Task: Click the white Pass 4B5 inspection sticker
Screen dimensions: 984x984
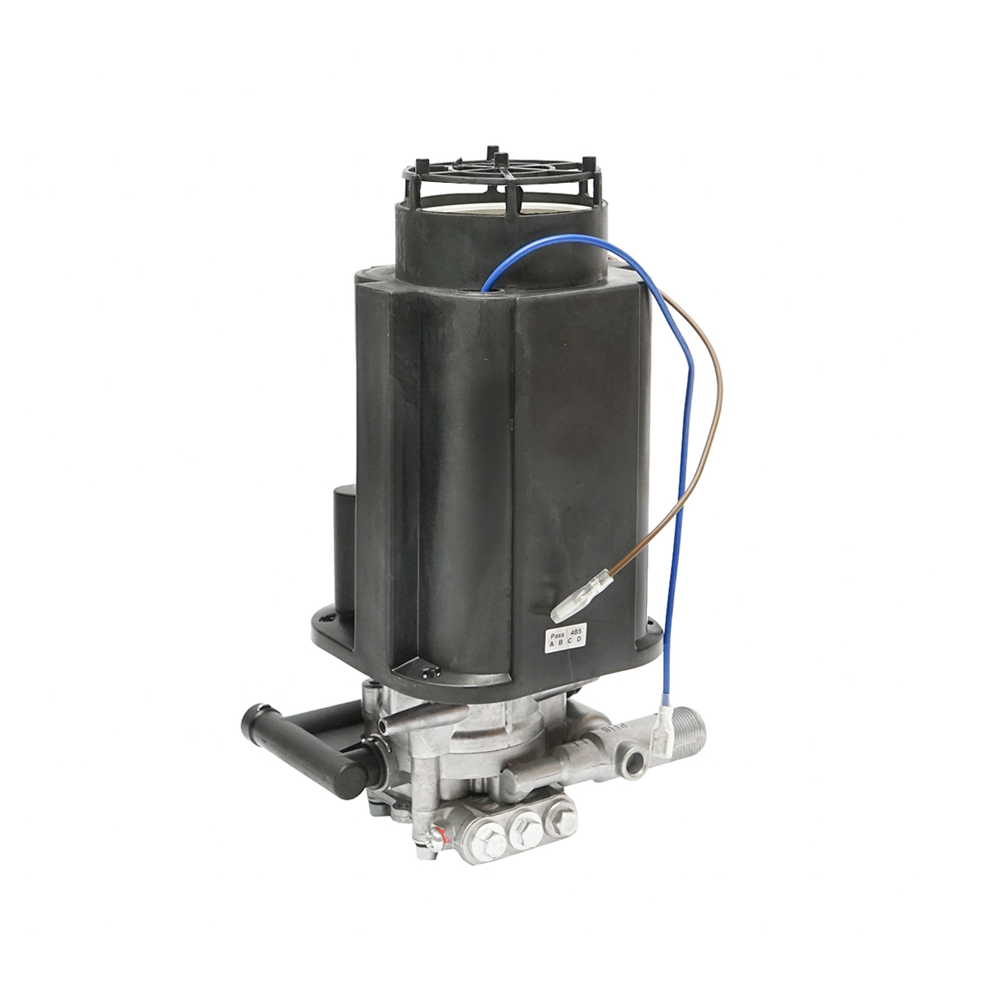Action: click(565, 638)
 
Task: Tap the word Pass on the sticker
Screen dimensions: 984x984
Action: click(556, 633)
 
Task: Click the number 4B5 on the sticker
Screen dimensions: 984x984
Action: click(576, 632)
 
